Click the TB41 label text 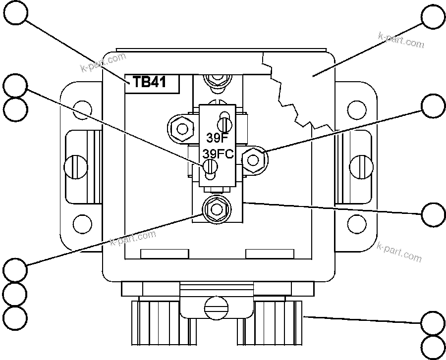tap(149, 82)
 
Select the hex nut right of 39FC tap(254, 159)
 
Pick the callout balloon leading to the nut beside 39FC tap(433, 106)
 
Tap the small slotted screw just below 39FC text tap(210, 168)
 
